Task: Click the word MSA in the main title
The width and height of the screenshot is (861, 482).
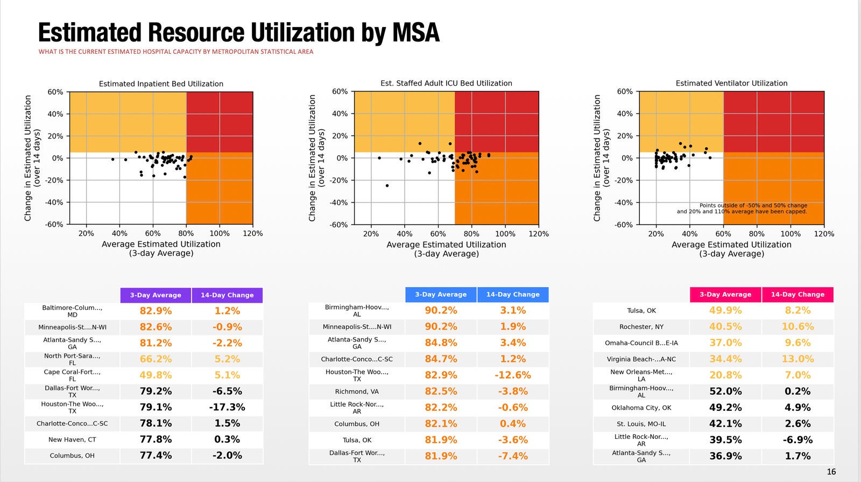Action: point(415,33)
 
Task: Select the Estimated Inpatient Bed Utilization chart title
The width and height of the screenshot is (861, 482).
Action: point(161,84)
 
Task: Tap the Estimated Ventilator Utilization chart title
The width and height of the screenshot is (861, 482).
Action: point(731,83)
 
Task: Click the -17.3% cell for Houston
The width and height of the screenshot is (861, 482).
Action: point(227,407)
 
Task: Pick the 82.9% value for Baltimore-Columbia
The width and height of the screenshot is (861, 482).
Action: point(156,311)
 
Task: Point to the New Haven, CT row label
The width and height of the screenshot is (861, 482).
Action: point(72,439)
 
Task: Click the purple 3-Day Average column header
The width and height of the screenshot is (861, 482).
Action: point(156,295)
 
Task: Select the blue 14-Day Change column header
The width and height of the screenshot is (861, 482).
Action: point(512,295)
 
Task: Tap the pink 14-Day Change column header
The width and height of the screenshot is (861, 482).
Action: point(797,295)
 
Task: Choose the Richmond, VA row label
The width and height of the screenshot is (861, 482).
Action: point(357,392)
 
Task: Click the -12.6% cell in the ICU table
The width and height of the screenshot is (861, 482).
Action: point(512,375)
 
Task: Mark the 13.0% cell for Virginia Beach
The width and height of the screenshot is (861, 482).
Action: point(797,359)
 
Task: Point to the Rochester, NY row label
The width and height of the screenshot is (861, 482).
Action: point(641,327)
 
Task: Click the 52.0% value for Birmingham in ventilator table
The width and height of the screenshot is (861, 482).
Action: point(725,391)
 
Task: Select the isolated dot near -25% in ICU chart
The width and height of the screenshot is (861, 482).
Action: point(387,186)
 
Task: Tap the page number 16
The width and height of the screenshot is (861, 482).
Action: point(831,472)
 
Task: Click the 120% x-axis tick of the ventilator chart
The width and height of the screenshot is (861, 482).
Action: point(824,234)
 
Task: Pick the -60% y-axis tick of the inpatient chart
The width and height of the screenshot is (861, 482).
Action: point(54,225)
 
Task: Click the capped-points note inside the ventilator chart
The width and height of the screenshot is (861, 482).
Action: point(742,208)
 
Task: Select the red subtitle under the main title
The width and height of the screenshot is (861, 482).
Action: point(175,52)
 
